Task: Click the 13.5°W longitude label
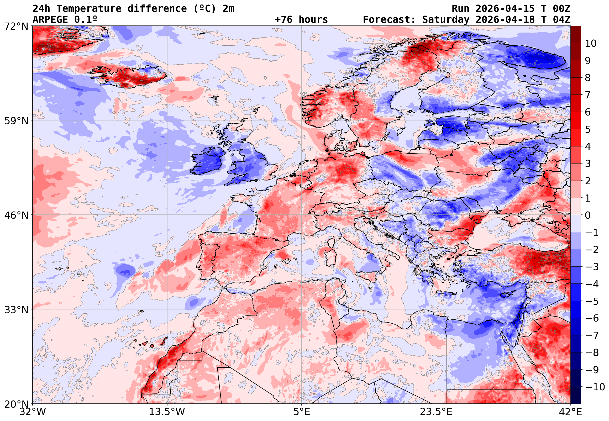coord(167,412)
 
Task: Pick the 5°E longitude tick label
coord(301,412)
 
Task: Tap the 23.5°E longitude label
coord(436,412)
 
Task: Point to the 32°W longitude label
coord(33,412)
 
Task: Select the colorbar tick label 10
coord(591,44)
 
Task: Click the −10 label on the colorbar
coord(595,387)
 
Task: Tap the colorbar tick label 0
coord(588,215)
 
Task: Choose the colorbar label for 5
coord(588,129)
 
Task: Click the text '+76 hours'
coord(301,20)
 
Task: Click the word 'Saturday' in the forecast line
coord(446,20)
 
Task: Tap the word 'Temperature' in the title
coord(89,9)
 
